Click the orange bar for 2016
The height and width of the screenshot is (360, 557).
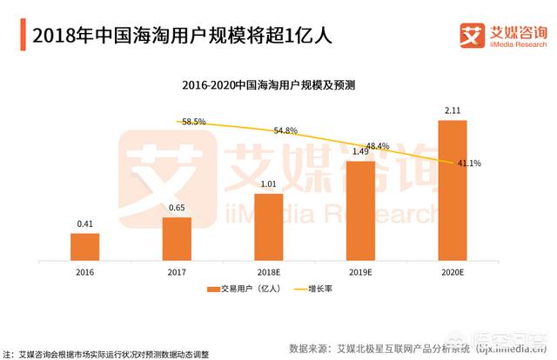(84, 247)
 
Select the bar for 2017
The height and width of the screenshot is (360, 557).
(177, 238)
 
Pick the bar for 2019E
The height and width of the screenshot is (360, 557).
(361, 210)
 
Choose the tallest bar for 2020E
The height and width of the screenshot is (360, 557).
(453, 190)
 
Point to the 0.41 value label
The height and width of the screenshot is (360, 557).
(84, 224)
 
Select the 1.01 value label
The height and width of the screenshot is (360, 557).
(269, 184)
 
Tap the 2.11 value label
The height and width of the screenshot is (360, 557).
(453, 110)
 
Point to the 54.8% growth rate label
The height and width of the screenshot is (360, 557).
(285, 130)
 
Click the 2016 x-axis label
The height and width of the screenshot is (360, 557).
(84, 271)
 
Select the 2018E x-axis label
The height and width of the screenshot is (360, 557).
(269, 271)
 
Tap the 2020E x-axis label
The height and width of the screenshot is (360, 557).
(453, 271)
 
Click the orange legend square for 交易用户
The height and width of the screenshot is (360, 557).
(211, 290)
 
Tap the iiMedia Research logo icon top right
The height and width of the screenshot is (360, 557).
(471, 37)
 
